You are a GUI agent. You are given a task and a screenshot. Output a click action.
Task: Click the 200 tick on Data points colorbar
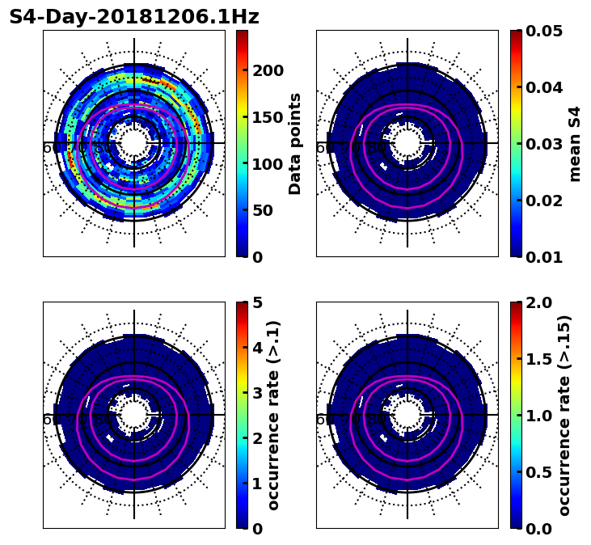point(268,70)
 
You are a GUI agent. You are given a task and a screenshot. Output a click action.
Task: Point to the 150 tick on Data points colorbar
point(268,117)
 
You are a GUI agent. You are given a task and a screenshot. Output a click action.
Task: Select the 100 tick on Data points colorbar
point(268,164)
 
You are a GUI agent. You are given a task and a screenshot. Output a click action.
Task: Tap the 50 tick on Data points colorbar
point(262,210)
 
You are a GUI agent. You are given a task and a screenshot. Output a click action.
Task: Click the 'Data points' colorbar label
point(295,143)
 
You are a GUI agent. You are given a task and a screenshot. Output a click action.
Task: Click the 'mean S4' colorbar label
point(575,143)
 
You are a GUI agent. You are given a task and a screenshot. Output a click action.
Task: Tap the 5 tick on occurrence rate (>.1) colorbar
point(258,302)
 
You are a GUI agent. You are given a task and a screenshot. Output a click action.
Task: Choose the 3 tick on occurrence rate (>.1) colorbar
point(258,393)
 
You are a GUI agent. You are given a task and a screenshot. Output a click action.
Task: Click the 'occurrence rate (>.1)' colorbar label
point(273,415)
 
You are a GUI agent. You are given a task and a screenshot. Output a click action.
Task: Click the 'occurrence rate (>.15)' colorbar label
point(564,415)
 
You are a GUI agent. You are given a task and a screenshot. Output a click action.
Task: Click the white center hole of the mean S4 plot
point(407,143)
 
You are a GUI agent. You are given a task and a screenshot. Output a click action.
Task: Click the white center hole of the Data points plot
point(134,143)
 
